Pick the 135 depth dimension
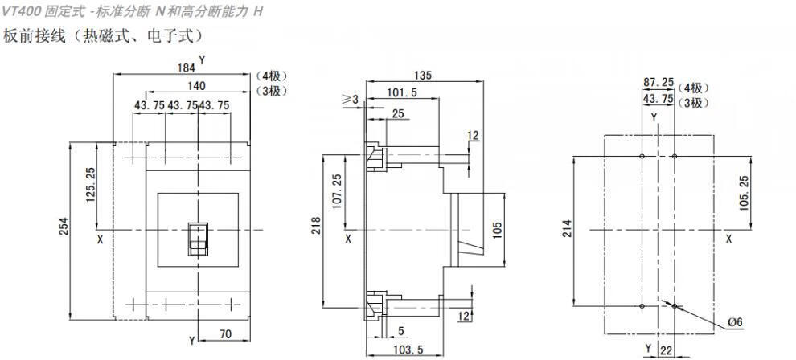pos(424,75)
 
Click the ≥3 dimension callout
pos(349,99)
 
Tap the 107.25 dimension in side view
pos(335,190)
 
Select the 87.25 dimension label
pos(659,82)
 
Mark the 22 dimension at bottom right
pos(667,350)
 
